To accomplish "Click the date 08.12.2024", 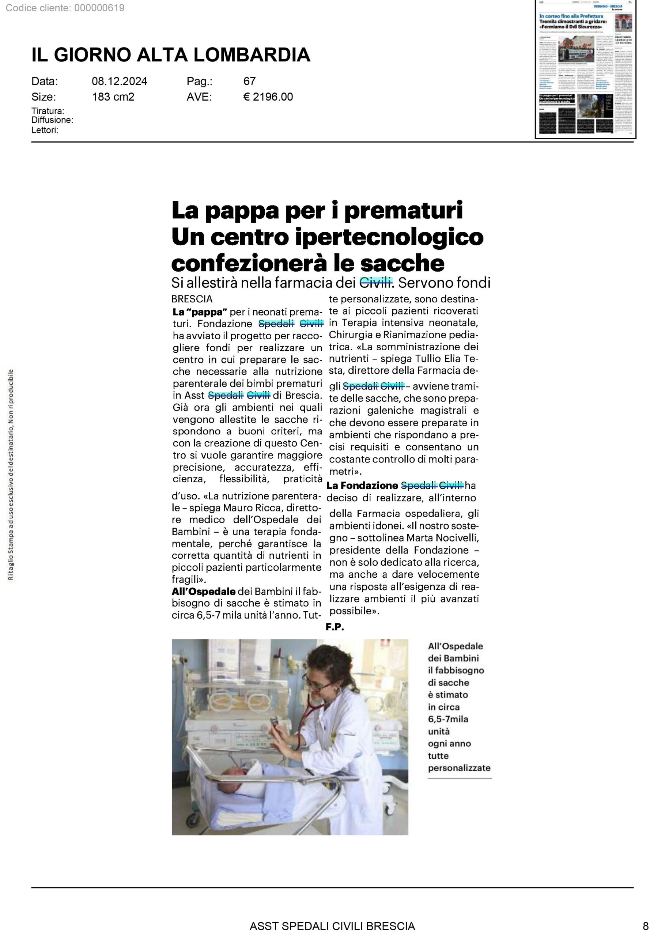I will click(119, 81).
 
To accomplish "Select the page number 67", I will click(249, 81).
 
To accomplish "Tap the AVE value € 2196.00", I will click(268, 97).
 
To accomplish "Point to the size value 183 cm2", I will click(113, 97).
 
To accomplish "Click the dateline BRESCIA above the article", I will click(192, 299).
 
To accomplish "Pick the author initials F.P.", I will click(335, 627).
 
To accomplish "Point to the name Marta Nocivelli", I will click(443, 537).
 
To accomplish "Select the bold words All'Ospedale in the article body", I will click(204, 591).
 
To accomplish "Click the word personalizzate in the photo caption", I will click(459, 768).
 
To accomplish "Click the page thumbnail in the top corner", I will click(586, 69).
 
